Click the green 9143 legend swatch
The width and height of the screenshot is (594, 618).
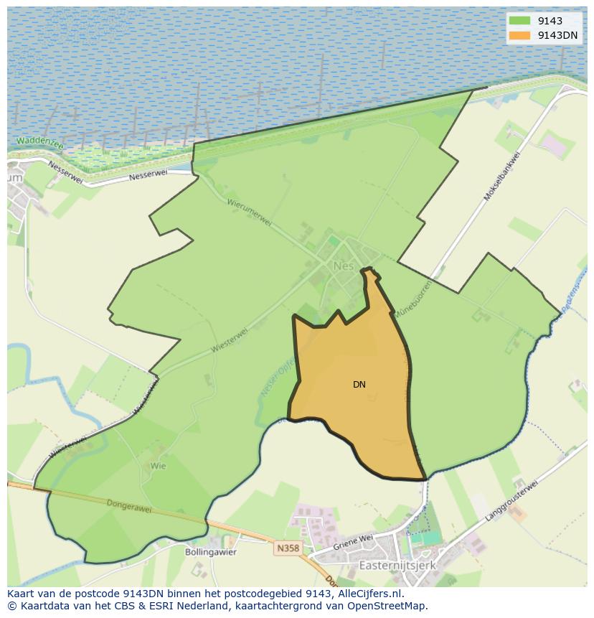tap(519, 21)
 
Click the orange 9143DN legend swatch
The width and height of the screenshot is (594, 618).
tap(519, 35)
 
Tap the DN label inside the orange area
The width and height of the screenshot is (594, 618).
tap(359, 385)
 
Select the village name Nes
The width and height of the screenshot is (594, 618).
tap(342, 266)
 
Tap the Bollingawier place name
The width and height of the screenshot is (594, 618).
tap(211, 552)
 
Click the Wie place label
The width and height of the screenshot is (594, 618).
tap(158, 466)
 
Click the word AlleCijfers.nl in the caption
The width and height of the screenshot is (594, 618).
tap(369, 594)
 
